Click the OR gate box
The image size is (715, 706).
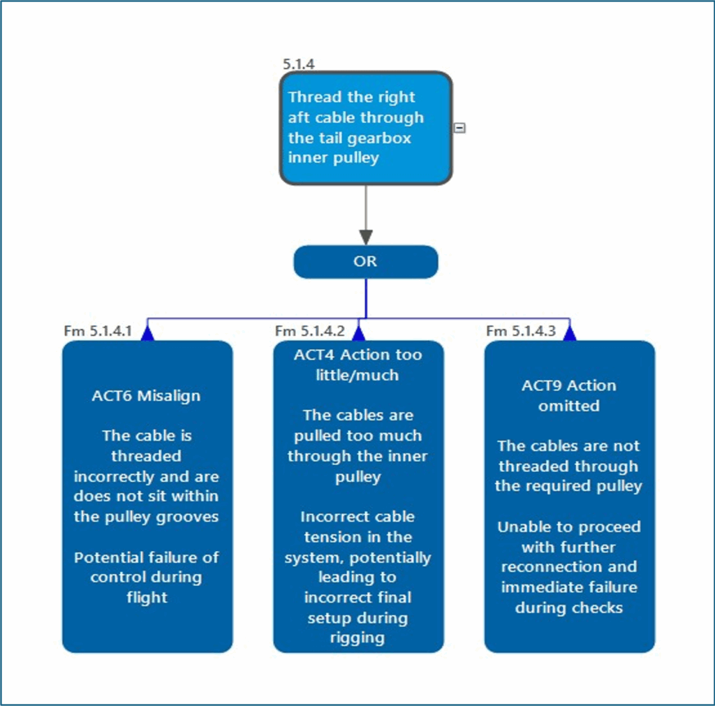tap(365, 262)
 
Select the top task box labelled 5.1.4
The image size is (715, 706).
tap(366, 128)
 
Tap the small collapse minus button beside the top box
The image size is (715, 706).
tap(459, 128)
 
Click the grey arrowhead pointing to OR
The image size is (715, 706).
tap(366, 237)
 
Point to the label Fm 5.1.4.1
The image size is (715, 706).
tap(97, 331)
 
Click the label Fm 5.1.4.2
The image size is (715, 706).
tap(309, 331)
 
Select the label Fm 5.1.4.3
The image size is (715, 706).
tap(521, 331)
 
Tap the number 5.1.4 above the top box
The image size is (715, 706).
tap(298, 64)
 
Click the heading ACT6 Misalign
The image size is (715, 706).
tap(147, 396)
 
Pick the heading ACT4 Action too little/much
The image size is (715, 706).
tap(357, 365)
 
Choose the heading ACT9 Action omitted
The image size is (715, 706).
tap(568, 395)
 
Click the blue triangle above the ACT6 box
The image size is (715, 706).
tap(147, 333)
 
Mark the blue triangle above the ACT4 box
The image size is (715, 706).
tap(358, 333)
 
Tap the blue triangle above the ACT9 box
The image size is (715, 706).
tap(570, 333)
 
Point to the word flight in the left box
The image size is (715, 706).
tap(147, 598)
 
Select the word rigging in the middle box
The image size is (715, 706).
tap(357, 638)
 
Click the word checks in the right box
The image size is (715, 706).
tap(597, 608)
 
